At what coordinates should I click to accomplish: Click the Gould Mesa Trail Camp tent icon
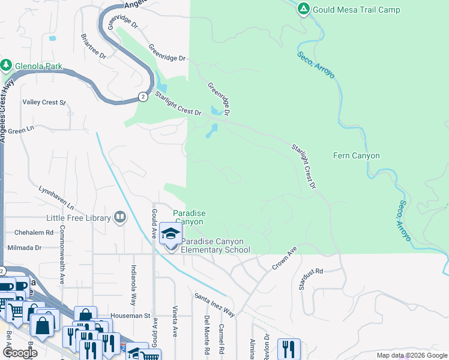(x=304, y=9)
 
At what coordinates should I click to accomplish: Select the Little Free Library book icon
(x=120, y=217)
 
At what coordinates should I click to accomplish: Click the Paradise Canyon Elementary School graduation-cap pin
(x=171, y=235)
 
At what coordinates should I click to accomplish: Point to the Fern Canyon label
(x=357, y=156)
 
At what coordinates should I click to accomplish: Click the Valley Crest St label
(x=44, y=103)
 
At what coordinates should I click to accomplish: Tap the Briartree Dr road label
(x=93, y=46)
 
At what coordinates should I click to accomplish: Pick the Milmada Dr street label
(x=25, y=247)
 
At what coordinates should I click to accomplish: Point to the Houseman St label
(x=130, y=315)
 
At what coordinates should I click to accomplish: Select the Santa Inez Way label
(x=214, y=304)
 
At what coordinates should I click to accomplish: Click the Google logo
(x=19, y=353)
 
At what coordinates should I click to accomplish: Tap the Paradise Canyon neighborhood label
(x=190, y=217)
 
